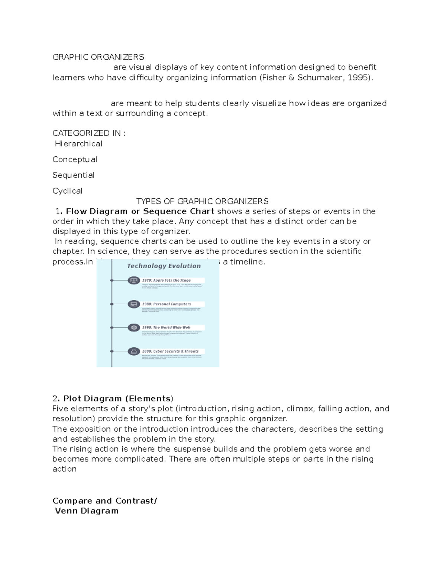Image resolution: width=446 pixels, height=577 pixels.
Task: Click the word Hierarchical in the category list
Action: click(78, 144)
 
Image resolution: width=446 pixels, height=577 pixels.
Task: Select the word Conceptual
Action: click(75, 159)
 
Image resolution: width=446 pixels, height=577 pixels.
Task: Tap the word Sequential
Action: click(74, 175)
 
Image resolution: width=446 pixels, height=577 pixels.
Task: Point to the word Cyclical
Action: click(67, 191)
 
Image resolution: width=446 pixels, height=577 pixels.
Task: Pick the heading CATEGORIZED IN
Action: click(89, 133)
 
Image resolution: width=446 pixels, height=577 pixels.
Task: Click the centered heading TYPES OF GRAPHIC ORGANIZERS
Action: click(202, 201)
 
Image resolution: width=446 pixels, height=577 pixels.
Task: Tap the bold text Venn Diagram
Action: click(87, 511)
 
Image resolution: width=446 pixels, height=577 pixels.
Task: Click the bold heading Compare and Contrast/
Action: click(105, 501)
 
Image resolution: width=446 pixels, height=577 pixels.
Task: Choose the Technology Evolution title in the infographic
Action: click(164, 266)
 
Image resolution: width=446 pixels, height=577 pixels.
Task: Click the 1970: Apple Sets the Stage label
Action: click(166, 281)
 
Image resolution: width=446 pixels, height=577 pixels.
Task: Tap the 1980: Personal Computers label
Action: click(166, 304)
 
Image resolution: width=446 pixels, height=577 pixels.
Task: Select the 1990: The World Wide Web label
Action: click(166, 328)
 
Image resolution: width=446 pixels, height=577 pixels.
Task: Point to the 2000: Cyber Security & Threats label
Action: click(170, 351)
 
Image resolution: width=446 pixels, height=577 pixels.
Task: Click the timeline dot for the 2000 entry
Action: click(112, 351)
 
